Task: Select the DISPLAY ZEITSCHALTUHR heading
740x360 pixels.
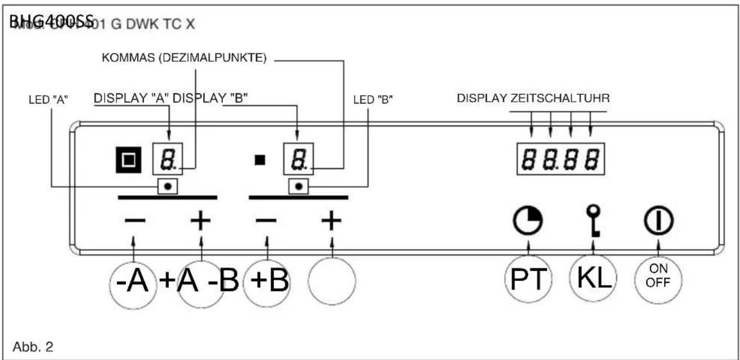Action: pyautogui.click(x=533, y=98)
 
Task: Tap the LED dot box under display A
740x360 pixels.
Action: pyautogui.click(x=168, y=186)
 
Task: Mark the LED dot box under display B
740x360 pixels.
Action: pyautogui.click(x=298, y=186)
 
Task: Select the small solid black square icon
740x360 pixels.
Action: pyautogui.click(x=259, y=160)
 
